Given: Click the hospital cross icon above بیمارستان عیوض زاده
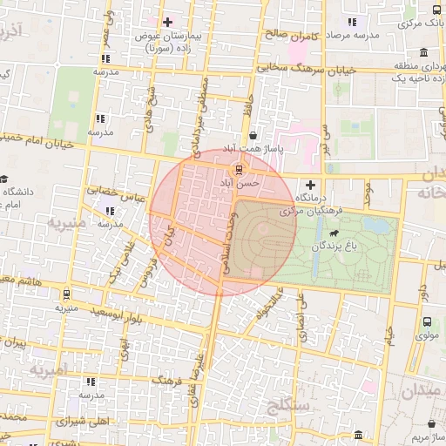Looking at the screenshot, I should (167, 21).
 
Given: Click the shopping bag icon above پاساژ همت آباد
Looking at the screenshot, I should (253, 136).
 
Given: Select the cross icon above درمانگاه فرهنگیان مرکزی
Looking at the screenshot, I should (310, 185).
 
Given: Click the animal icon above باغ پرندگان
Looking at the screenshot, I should (334, 233).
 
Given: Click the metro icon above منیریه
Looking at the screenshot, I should (66, 294).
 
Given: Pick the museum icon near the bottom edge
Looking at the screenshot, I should (358, 434).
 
